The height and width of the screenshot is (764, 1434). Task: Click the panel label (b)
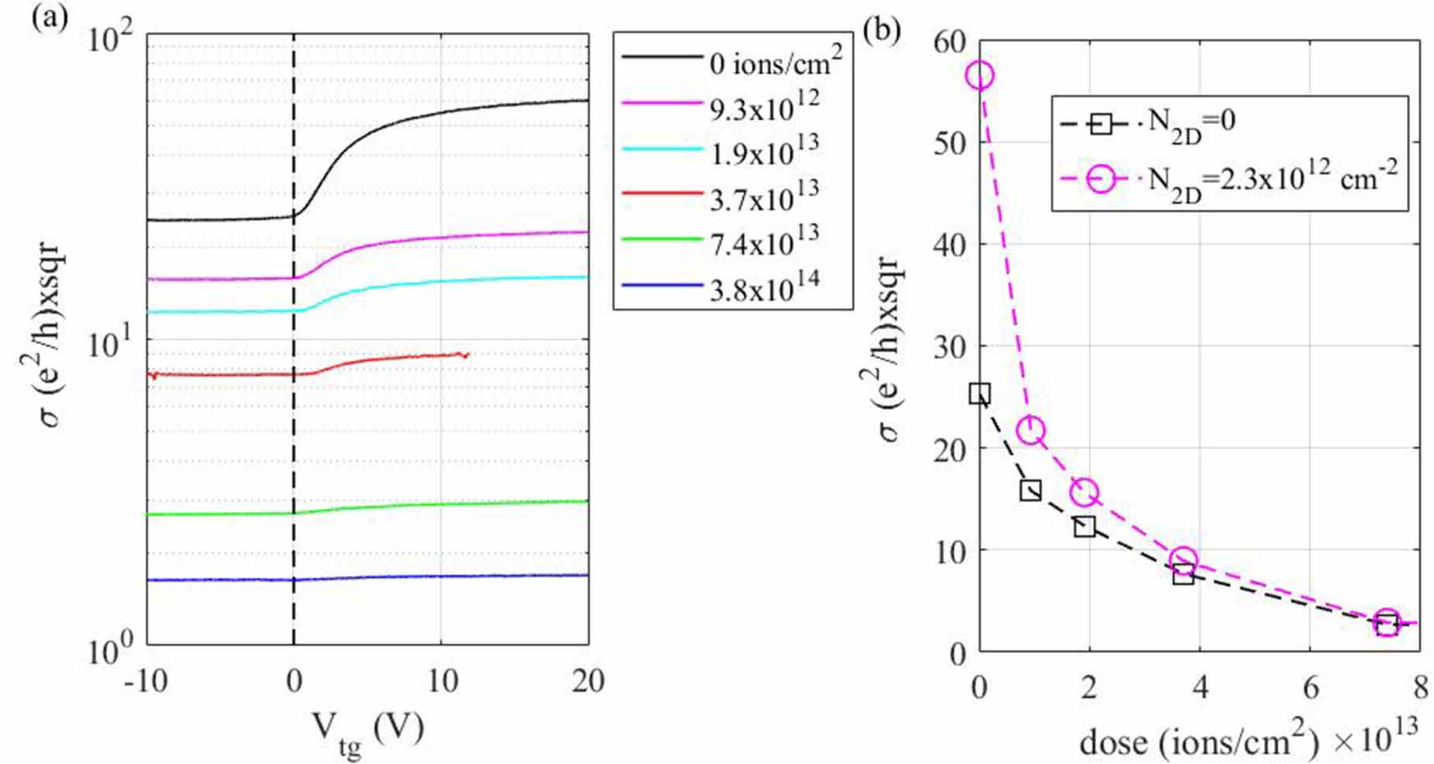click(882, 29)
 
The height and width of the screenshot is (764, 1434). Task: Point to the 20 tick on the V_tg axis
click(587, 682)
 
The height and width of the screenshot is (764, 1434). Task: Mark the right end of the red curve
click(468, 354)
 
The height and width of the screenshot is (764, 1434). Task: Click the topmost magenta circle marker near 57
click(980, 76)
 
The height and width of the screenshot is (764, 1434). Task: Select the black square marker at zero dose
click(980, 394)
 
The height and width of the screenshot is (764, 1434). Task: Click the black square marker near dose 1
click(1030, 490)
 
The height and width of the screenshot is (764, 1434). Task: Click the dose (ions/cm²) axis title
click(1198, 742)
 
